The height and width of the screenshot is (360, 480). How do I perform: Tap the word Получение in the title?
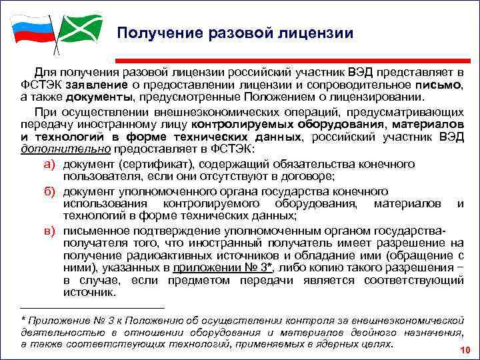157,33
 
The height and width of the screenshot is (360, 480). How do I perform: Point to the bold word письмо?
437,85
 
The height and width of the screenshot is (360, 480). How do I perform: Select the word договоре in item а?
311,177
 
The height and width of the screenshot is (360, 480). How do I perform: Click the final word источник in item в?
89,293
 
